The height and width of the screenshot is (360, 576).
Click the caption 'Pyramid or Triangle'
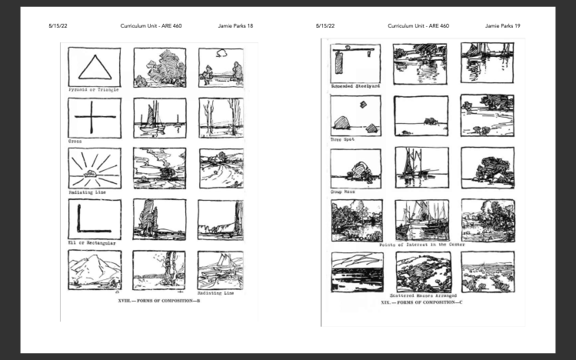click(x=94, y=90)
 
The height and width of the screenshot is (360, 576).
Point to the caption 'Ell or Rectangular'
click(x=92, y=243)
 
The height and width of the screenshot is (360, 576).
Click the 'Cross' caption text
click(x=75, y=141)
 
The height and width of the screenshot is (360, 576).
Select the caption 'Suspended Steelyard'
click(x=355, y=86)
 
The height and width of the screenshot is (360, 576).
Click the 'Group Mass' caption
click(x=342, y=192)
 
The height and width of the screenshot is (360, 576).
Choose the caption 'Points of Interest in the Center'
click(x=422, y=245)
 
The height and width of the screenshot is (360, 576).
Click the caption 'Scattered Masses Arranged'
click(x=423, y=295)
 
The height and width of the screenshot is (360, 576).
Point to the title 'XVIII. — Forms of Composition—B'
click(x=159, y=301)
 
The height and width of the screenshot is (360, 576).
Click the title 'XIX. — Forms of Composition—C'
click(x=421, y=302)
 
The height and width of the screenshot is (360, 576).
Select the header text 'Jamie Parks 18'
click(x=235, y=25)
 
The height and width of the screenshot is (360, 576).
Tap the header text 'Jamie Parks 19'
click(x=502, y=25)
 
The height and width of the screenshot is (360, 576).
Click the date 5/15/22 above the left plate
click(x=58, y=25)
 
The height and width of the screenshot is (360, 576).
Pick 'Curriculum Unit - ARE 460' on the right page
click(x=418, y=25)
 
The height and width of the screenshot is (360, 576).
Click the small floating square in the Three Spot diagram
click(x=363, y=105)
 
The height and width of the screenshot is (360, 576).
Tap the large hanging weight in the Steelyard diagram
click(x=338, y=62)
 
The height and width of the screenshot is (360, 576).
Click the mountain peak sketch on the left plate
click(x=95, y=270)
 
